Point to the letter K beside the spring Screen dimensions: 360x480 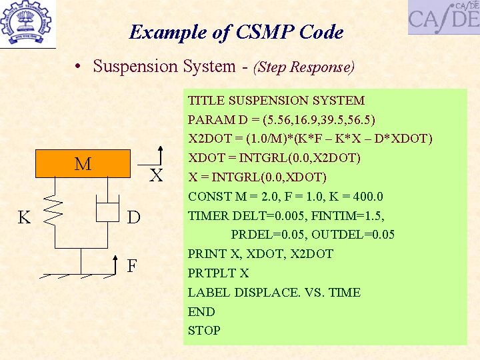point(24,217)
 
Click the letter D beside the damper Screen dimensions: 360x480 point(133,217)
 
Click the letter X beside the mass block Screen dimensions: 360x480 point(156,176)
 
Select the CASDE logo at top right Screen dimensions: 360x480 point(443,17)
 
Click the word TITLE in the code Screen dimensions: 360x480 point(206,101)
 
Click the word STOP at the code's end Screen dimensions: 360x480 point(204,330)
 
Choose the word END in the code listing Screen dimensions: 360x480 point(201,311)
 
